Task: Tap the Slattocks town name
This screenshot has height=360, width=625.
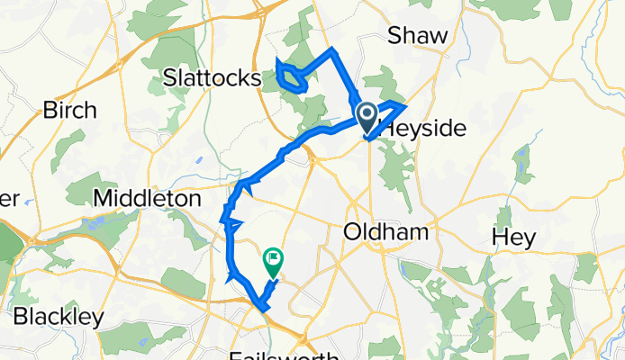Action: pos(213,79)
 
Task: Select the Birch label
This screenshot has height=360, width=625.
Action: pos(69,111)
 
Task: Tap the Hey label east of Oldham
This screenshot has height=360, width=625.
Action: pos(514,238)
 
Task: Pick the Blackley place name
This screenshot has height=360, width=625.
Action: pos(58,318)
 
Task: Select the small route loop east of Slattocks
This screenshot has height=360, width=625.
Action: pos(289,77)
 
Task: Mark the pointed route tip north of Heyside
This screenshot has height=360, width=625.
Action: pos(412,104)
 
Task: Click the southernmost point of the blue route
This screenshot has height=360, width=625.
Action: pos(265,310)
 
